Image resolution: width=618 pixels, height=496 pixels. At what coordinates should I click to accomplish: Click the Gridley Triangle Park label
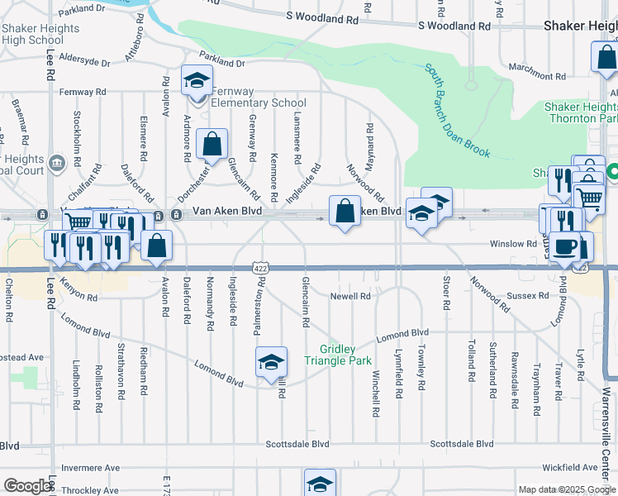(x=338, y=355)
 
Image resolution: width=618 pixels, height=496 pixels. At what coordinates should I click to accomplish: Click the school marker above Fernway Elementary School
(x=197, y=81)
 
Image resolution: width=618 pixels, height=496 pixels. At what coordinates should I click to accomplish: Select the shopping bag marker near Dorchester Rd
(x=212, y=145)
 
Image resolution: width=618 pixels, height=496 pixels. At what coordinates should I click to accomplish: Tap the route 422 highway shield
(x=261, y=269)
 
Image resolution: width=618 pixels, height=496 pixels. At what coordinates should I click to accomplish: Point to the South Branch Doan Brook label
(x=458, y=112)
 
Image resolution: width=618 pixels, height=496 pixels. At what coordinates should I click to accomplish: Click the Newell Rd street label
(x=350, y=295)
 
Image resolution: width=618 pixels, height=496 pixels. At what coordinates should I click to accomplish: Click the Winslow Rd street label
(x=513, y=244)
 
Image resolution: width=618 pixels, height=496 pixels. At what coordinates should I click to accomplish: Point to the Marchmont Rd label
(x=536, y=67)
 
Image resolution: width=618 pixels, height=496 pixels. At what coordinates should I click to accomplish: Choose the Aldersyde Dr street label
(x=83, y=62)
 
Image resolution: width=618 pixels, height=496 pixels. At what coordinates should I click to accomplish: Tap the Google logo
(x=27, y=486)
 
